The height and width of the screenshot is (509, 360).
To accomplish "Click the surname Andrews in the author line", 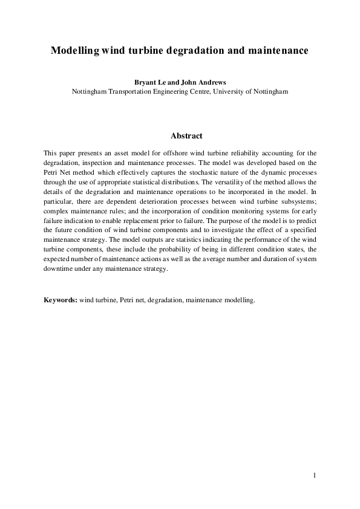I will [x=204, y=82].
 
